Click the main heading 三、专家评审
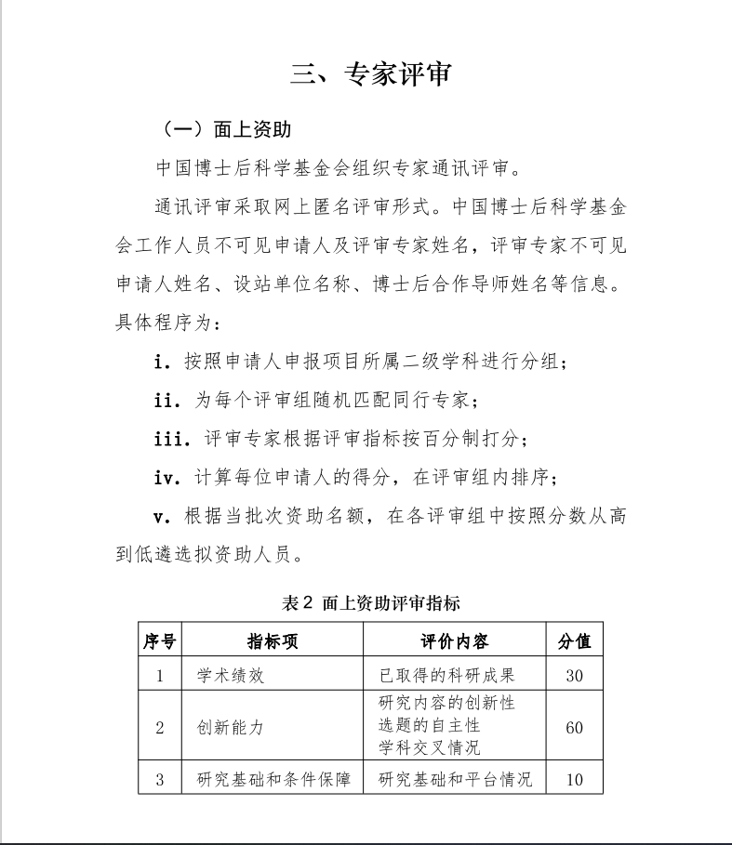point(370,74)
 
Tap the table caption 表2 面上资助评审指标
point(371,603)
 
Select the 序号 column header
point(159,641)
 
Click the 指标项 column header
point(272,641)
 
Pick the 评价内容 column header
point(455,641)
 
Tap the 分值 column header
point(574,641)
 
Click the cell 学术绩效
point(231,676)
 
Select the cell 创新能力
point(231,727)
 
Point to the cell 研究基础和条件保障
point(273,779)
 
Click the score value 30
point(574,676)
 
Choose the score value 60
point(574,727)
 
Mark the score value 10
point(574,779)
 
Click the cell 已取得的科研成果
point(446,676)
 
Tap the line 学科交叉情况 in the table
point(429,746)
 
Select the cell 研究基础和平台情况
point(455,779)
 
